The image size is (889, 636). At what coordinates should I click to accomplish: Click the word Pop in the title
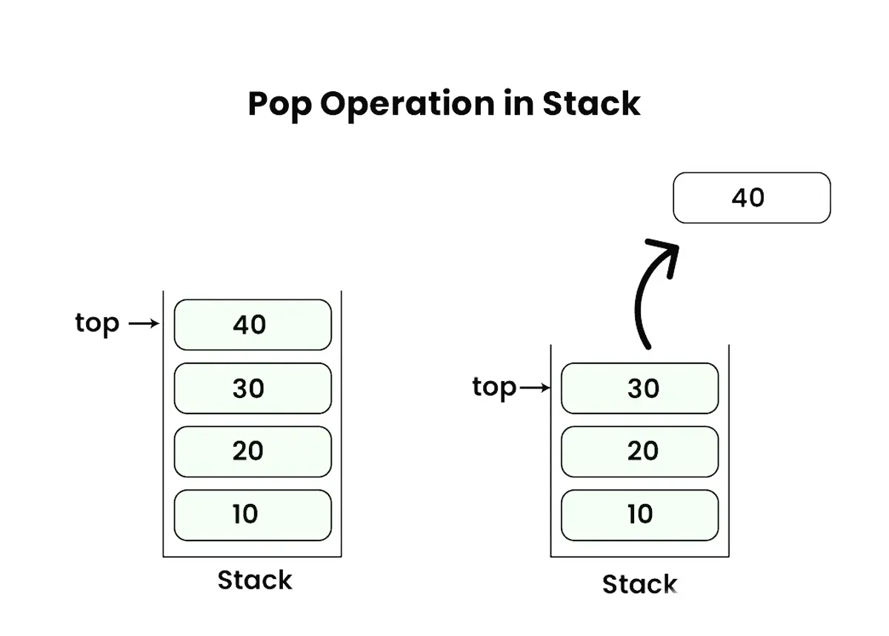(279, 105)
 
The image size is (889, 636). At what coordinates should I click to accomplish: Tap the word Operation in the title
(406, 105)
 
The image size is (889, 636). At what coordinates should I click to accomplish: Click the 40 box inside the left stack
(252, 325)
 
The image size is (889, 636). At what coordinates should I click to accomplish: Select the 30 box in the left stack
(252, 388)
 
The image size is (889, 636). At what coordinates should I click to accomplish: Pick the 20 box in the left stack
(252, 451)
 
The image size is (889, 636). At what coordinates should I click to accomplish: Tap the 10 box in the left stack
(252, 514)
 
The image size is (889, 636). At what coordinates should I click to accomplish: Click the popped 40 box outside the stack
(751, 198)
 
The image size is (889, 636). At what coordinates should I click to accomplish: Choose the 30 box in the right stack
(639, 388)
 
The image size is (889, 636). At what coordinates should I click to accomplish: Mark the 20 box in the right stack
(639, 451)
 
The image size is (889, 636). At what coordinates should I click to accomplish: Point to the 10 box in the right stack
(639, 514)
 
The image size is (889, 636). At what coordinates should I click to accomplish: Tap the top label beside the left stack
(97, 323)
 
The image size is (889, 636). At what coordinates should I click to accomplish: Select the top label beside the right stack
(494, 387)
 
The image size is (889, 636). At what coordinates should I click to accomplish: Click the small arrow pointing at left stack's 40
(144, 324)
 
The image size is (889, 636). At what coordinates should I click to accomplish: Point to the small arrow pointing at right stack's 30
(535, 387)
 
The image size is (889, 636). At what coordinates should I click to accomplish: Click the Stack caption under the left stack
(255, 580)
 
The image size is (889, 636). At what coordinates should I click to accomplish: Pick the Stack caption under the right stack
(639, 584)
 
